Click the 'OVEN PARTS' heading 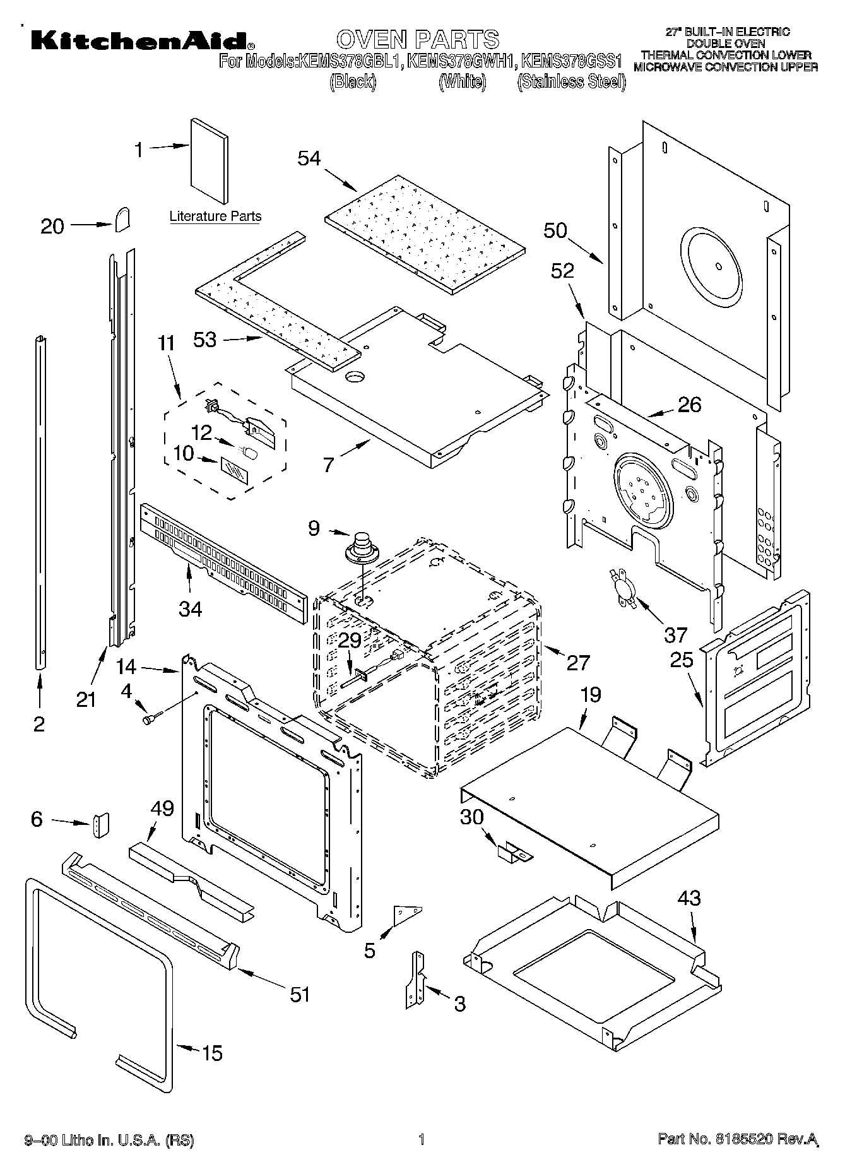click(x=417, y=39)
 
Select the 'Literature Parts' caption click(x=215, y=216)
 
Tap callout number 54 click(x=309, y=158)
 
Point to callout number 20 click(x=52, y=227)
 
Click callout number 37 click(x=675, y=634)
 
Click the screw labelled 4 click(x=151, y=717)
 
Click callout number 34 click(x=190, y=609)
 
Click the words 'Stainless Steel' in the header click(x=571, y=82)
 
